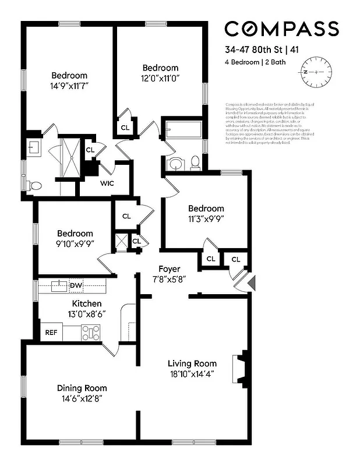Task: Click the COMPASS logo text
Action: click(x=281, y=28)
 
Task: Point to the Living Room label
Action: click(x=192, y=363)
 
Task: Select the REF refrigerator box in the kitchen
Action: click(x=51, y=333)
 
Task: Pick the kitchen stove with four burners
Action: click(x=90, y=333)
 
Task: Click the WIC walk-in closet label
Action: click(x=107, y=183)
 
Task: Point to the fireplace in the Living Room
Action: click(x=241, y=368)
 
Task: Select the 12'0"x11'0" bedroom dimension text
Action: click(x=160, y=78)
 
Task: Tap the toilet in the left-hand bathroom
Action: click(x=36, y=186)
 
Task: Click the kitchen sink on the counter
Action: click(x=58, y=286)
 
